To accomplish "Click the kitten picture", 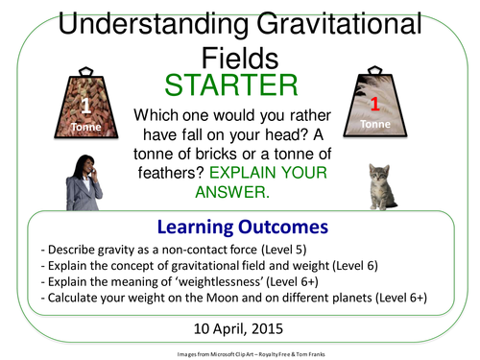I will click(386, 184).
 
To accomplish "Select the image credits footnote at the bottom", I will click(240, 350).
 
